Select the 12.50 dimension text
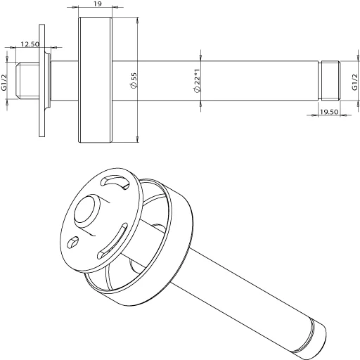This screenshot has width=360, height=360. click(x=30, y=44)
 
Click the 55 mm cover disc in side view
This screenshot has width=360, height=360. click(x=94, y=81)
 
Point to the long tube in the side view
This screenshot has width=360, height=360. click(x=211, y=81)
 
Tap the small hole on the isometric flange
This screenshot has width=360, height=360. click(x=72, y=243)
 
